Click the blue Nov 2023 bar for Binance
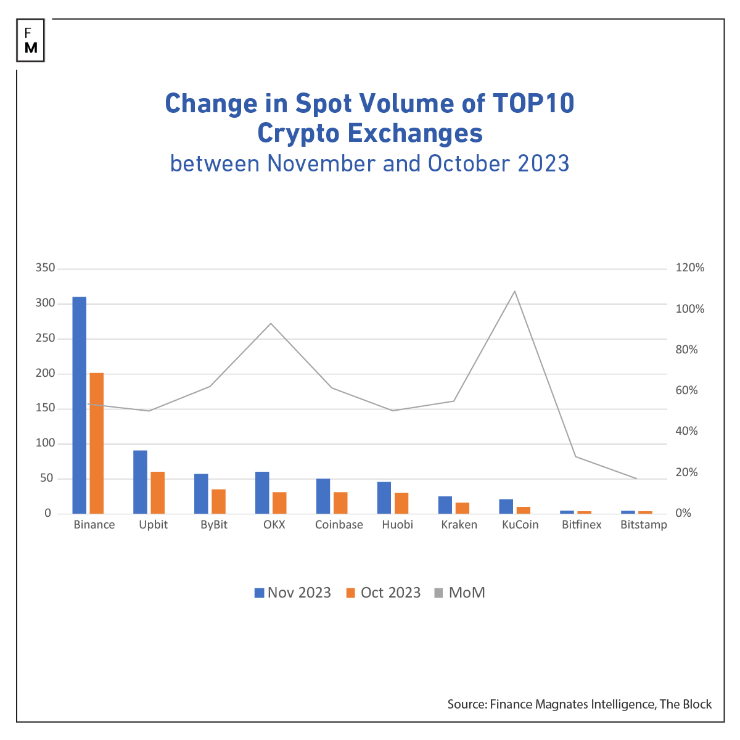pos(79,405)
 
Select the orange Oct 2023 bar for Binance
pos(97,443)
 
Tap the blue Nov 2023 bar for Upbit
pos(140,482)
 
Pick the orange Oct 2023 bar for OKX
pos(279,503)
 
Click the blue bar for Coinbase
pos(323,496)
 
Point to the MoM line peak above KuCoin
pos(514,291)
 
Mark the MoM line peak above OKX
pos(271,324)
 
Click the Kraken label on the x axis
pos(459,525)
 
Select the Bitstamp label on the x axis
pos(643,525)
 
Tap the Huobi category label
pos(397,525)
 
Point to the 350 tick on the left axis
pos(45,268)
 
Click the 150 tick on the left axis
pos(45,408)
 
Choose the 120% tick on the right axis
pos(689,268)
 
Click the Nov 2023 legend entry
pos(293,593)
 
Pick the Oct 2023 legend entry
pos(383,593)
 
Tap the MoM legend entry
pos(459,593)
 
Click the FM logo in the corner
pos(31,41)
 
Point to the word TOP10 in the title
pos(533,103)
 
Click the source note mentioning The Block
pos(579,704)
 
